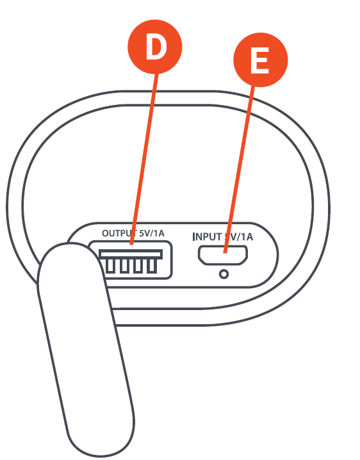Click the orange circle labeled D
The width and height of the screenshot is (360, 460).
point(155,48)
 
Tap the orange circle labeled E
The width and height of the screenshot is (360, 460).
point(259,62)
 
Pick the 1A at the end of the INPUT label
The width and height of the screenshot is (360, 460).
point(246,236)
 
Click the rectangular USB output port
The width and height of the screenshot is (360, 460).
point(131,260)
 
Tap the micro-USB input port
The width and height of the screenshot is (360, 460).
point(223,255)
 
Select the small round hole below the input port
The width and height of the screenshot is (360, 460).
point(223,274)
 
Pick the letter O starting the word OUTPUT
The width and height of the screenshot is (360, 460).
point(105,234)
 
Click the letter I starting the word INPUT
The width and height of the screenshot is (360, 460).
point(194,236)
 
